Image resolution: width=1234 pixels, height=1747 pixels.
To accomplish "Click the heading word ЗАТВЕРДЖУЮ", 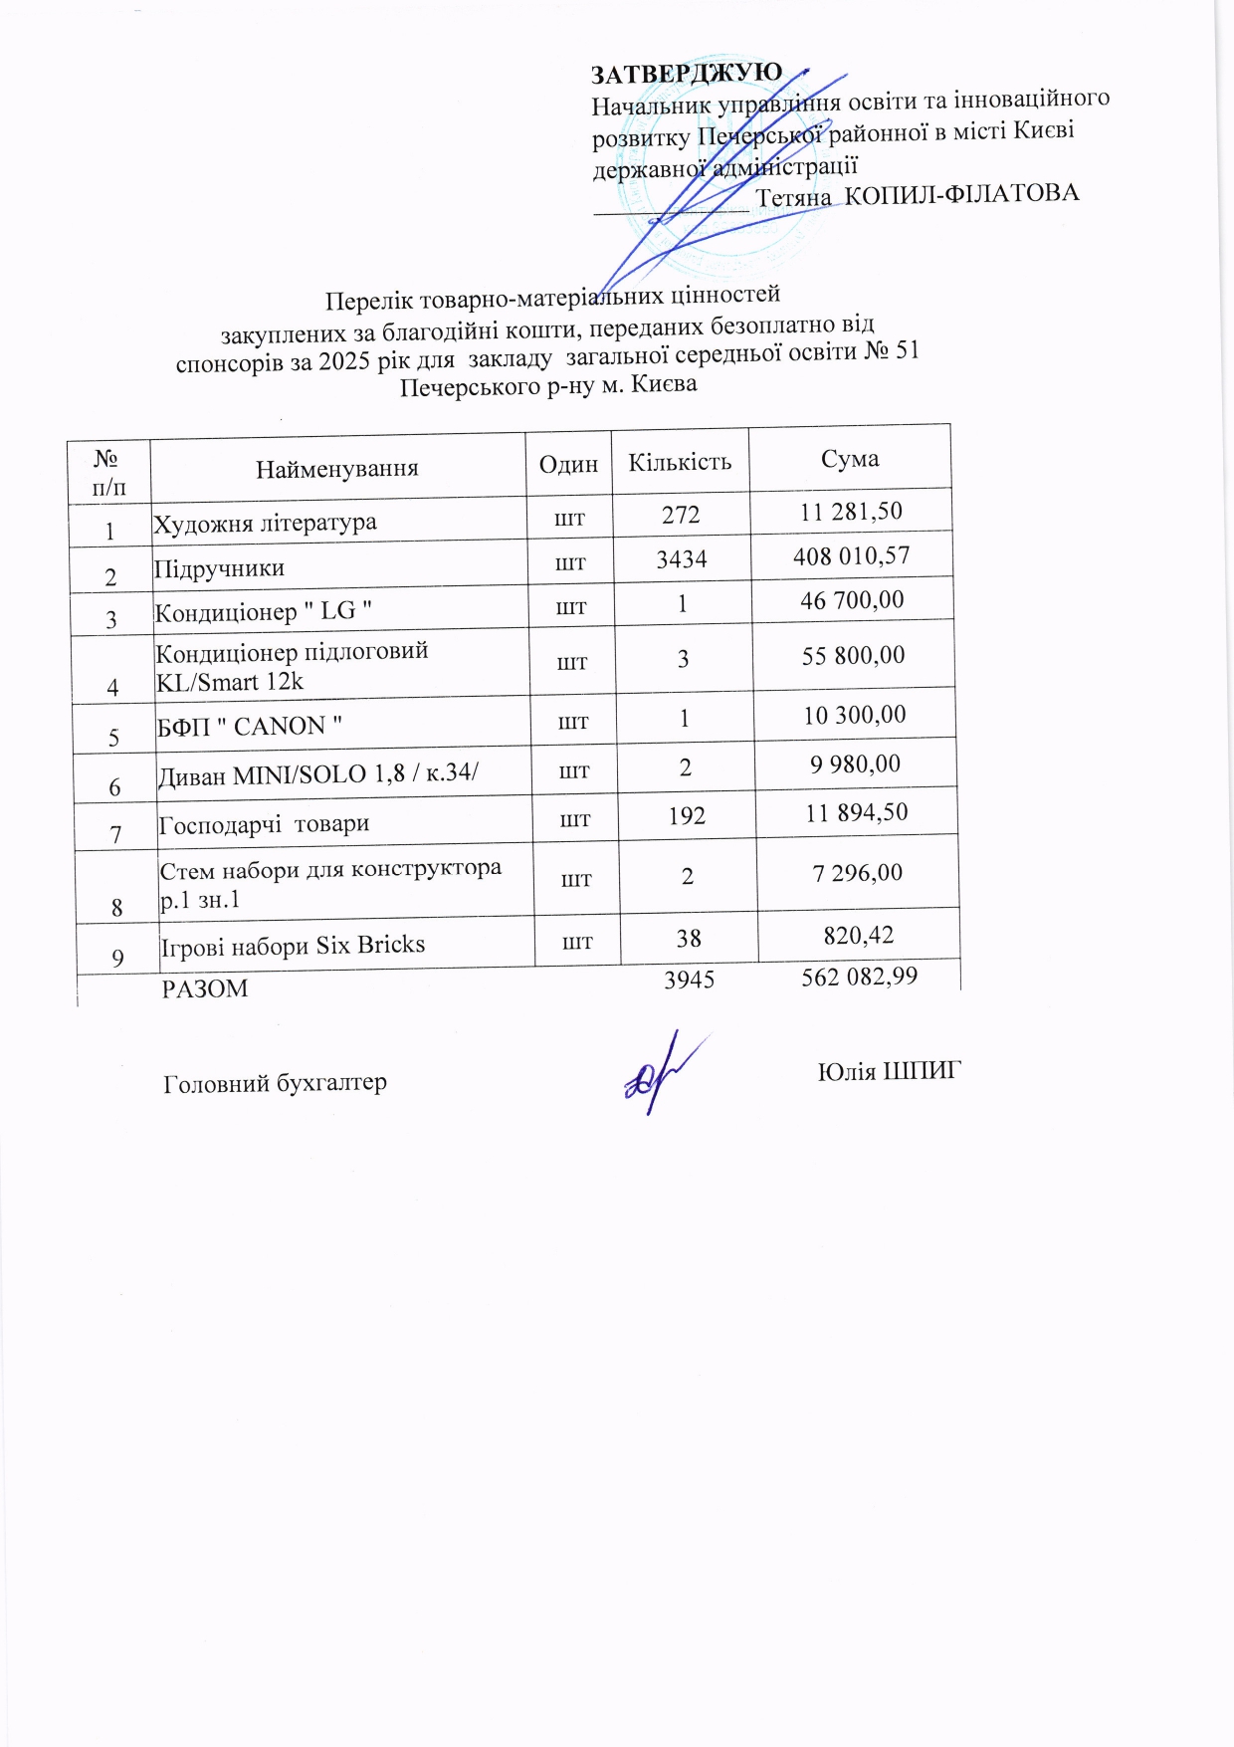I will [x=687, y=75].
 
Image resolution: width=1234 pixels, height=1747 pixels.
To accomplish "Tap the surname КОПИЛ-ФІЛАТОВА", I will [x=961, y=193].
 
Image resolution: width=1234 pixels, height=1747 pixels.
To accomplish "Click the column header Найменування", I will [x=336, y=469].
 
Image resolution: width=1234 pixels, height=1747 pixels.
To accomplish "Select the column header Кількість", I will [x=680, y=462].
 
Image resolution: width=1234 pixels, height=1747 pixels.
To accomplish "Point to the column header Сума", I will [x=850, y=458].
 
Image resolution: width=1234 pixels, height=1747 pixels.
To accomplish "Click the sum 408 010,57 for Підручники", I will [x=851, y=555].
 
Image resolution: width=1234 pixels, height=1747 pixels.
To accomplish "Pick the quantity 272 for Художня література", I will [x=681, y=514].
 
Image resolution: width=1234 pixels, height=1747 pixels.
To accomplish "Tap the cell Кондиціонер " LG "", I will [x=264, y=611].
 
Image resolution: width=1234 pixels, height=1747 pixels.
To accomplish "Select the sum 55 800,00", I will [x=854, y=655].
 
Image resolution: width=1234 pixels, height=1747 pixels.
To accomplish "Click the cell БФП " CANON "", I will [x=250, y=726].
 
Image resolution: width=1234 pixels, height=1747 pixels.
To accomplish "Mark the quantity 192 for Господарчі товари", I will [x=687, y=816].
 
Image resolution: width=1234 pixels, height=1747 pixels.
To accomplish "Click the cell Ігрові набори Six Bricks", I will [x=293, y=945].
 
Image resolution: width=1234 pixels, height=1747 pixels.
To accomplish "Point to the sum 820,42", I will [x=859, y=935].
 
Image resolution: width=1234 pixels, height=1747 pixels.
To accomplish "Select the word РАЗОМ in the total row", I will [x=205, y=988].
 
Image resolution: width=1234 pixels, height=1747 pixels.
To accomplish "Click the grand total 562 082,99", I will [x=859, y=977].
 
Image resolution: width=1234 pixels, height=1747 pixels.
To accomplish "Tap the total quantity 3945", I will [x=689, y=980].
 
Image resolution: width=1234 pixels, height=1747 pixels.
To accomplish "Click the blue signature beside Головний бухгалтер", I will [x=659, y=1076].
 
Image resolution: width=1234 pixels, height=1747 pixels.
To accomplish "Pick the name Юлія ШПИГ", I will [x=890, y=1071].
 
